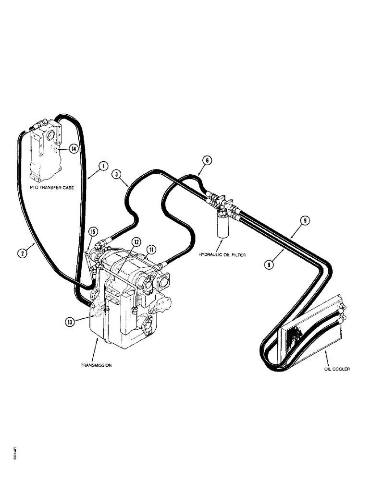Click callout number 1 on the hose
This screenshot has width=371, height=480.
(x=102, y=167)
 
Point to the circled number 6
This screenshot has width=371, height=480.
(x=206, y=162)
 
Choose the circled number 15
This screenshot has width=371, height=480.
(x=93, y=233)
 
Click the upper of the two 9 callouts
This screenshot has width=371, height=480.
(x=305, y=221)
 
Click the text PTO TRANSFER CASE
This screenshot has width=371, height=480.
(x=52, y=188)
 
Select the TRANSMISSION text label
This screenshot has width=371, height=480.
(x=97, y=365)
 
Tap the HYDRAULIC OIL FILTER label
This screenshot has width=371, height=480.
(x=223, y=255)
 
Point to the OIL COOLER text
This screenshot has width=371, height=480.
(x=336, y=369)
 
